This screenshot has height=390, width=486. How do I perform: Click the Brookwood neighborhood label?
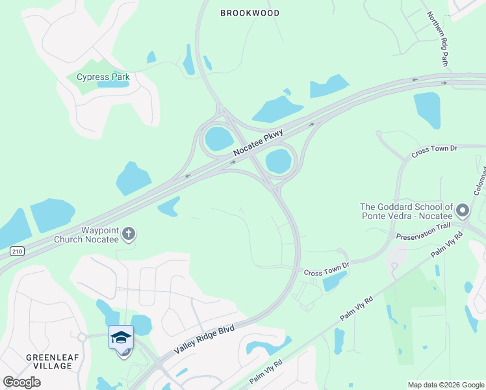click(x=249, y=13)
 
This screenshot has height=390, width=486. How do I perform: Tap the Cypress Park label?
click(x=103, y=77)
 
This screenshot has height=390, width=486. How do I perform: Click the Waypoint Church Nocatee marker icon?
click(x=129, y=233)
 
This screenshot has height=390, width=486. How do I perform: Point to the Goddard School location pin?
click(x=463, y=211)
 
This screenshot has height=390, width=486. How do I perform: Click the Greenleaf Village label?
click(x=49, y=361)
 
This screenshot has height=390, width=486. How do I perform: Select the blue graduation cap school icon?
click(x=122, y=337)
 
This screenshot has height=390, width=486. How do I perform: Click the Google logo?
click(x=21, y=382)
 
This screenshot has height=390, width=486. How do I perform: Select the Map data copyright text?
click(x=445, y=385)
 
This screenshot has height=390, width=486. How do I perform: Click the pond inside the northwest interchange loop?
click(x=218, y=138)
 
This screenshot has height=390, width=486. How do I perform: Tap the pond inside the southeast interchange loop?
click(x=278, y=161)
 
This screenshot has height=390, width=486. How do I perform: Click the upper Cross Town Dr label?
click(x=435, y=149)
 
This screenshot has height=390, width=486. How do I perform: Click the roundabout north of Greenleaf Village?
click(x=83, y=337)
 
